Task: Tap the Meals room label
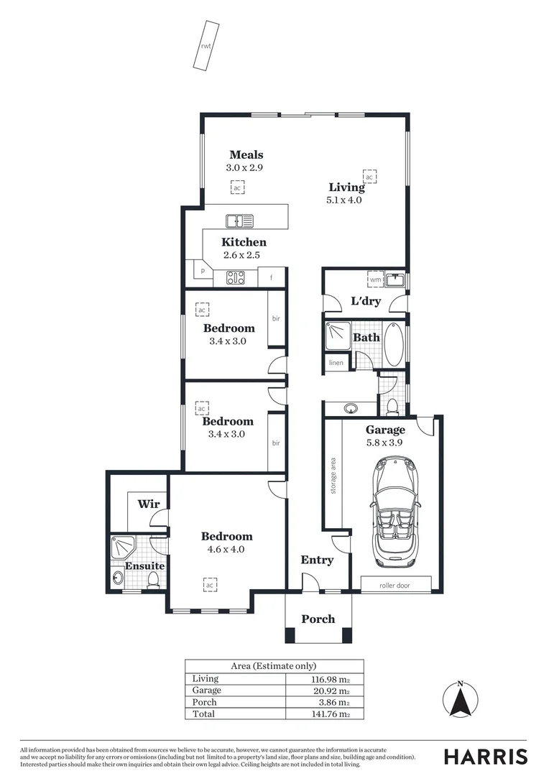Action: pos(246,154)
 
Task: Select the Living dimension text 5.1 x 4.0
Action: pos(343,200)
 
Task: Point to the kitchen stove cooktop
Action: pos(235,277)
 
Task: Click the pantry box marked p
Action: pos(203,272)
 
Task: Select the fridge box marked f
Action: pos(272,277)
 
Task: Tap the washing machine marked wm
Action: pos(375,280)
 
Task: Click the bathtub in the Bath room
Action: pos(395,346)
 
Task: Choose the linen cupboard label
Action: pos(336,363)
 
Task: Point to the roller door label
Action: pos(395,586)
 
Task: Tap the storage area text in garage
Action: pos(333,475)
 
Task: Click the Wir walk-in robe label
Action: pos(148,504)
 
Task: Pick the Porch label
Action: pos(318,619)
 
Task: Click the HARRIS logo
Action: pos(485,757)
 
